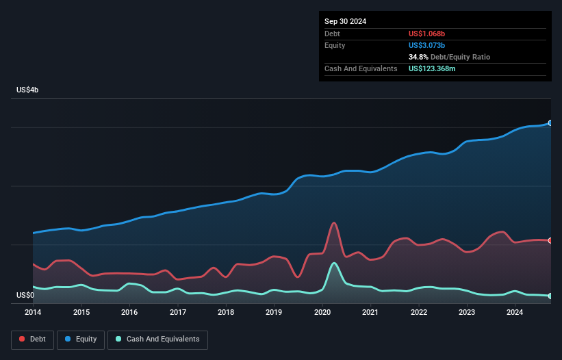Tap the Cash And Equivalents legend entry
pyautogui.click(x=157, y=339)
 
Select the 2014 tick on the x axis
pyautogui.click(x=33, y=313)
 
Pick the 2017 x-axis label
pyautogui.click(x=178, y=313)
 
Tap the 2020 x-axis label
pyautogui.click(x=322, y=313)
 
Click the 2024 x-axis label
pyautogui.click(x=515, y=313)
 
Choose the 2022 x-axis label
pyautogui.click(x=419, y=313)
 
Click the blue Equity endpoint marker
pyautogui.click(x=550, y=123)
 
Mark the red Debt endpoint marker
pyautogui.click(x=550, y=240)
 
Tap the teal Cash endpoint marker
pyautogui.click(x=550, y=296)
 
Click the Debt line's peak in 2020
pyautogui.click(x=334, y=222)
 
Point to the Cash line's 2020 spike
pyautogui.click(x=334, y=263)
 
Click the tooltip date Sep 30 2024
pyautogui.click(x=346, y=21)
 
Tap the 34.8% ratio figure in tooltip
pyautogui.click(x=418, y=57)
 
